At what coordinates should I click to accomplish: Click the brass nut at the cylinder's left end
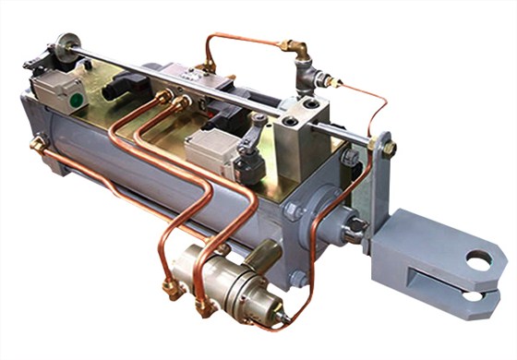pos(38,145)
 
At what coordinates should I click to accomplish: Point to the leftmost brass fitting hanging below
pos(171,288)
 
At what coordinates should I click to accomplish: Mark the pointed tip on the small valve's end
pos(292,318)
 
